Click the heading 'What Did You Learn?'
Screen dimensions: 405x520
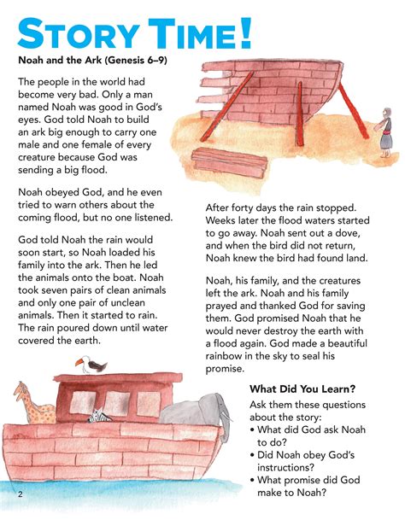point(302,389)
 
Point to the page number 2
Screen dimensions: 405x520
point(18,494)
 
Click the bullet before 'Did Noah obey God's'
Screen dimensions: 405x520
point(254,454)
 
